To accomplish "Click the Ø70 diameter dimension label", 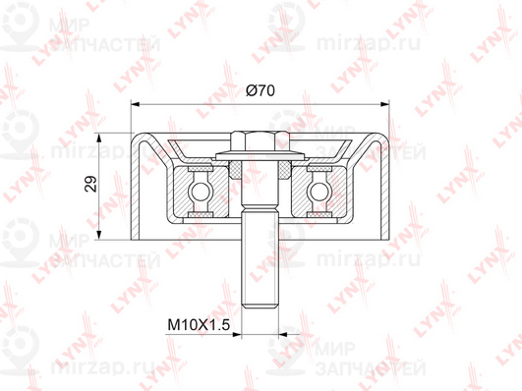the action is coord(261,90).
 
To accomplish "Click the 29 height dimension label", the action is coord(90,184).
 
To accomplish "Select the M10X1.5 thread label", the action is coord(199,324).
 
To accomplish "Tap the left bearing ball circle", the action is coord(200,192).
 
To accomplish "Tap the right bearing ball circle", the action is coord(319,192).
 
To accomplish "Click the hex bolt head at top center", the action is coord(260,140).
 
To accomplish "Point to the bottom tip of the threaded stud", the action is coord(260,308).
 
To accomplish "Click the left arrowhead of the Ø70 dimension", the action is coord(135,104).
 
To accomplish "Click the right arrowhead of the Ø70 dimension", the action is coord(384,104).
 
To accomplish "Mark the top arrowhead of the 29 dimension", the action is coord(98,138).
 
